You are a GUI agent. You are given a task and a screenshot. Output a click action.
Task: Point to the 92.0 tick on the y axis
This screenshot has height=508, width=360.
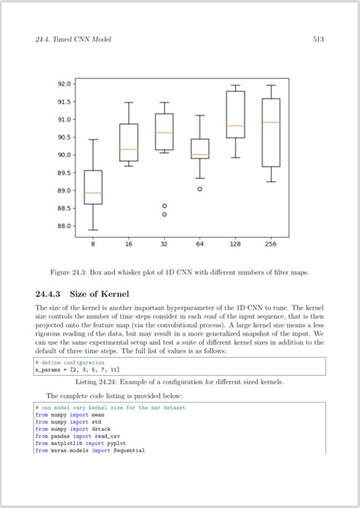pyautogui.click(x=63, y=84)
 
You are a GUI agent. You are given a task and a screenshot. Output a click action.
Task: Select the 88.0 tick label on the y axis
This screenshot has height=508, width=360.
pyautogui.click(x=63, y=226)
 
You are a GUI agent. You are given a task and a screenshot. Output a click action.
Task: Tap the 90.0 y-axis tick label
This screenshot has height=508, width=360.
pyautogui.click(x=63, y=155)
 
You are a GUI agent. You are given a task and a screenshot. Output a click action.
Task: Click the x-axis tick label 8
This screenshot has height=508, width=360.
pyautogui.click(x=93, y=244)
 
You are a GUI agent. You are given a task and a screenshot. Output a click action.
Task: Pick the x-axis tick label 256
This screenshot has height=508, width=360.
pyautogui.click(x=270, y=244)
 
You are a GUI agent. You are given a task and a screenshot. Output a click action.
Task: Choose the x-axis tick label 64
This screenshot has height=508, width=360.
pyautogui.click(x=200, y=244)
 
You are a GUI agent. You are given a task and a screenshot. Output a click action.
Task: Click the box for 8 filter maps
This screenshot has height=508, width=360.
pyautogui.click(x=93, y=187)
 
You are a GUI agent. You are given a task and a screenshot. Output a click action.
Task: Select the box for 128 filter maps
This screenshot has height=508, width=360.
pyautogui.click(x=235, y=114)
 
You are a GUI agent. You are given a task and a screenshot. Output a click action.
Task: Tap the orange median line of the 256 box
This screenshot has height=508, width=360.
pyautogui.click(x=270, y=122)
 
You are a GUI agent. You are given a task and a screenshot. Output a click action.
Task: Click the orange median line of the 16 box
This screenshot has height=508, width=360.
pyautogui.click(x=128, y=150)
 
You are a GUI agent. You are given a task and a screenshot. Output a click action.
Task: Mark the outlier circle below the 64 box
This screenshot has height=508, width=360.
pyautogui.click(x=200, y=189)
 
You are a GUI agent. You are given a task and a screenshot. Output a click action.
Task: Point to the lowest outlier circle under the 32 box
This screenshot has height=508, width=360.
pyautogui.click(x=164, y=214)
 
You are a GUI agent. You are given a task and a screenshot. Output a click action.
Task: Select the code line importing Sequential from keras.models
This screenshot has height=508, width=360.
pyautogui.click(x=90, y=450)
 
